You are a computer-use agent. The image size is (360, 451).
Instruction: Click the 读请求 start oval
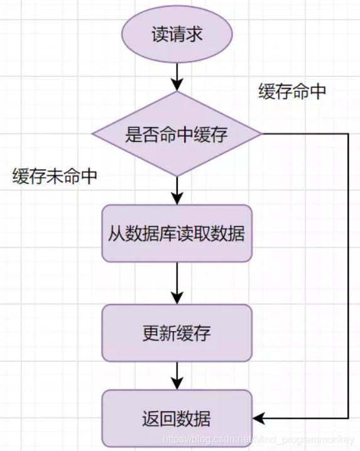pyautogui.click(x=177, y=35)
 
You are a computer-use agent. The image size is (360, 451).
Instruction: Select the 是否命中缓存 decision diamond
pyautogui.click(x=177, y=134)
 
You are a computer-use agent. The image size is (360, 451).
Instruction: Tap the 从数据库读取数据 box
pyautogui.click(x=177, y=234)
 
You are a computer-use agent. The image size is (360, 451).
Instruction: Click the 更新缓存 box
pyautogui.click(x=177, y=333)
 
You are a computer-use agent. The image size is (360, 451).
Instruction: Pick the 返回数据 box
pyautogui.click(x=177, y=418)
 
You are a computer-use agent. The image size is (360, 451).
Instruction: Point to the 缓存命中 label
pyautogui.click(x=292, y=92)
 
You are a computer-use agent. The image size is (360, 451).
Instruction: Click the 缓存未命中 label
pyautogui.click(x=55, y=177)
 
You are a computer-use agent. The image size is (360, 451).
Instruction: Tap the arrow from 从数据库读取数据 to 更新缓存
pyautogui.click(x=177, y=283)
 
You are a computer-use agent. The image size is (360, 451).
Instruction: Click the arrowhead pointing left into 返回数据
pyautogui.click(x=258, y=418)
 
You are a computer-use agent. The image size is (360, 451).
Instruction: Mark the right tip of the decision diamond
pyautogui.click(x=261, y=134)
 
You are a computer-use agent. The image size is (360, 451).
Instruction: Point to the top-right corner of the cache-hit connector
pyautogui.click(x=347, y=134)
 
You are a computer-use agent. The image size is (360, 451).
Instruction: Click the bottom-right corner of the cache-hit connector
pyautogui.click(x=347, y=418)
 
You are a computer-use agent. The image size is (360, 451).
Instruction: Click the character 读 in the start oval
pyautogui.click(x=159, y=35)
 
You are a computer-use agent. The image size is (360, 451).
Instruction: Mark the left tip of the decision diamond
pyautogui.click(x=93, y=134)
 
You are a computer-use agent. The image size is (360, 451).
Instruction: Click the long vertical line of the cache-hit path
pyautogui.click(x=347, y=276)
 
